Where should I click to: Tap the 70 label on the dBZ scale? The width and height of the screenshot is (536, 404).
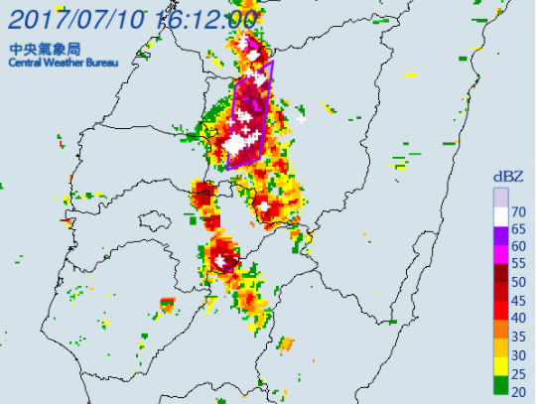click(x=518, y=211)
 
